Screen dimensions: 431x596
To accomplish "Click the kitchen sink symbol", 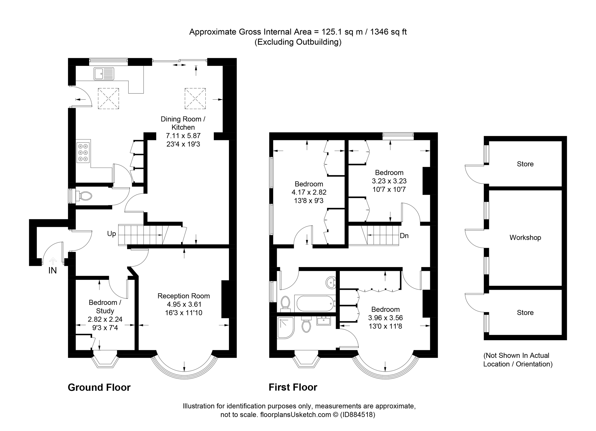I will coord(104,74).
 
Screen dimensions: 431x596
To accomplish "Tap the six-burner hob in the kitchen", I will coord(83,152).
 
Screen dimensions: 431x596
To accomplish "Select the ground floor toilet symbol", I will coord(84,196).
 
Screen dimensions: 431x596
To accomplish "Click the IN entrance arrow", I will coord(53,261).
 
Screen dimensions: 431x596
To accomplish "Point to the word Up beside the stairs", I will coord(112,234).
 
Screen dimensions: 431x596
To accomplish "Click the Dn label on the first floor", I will coord(404,236).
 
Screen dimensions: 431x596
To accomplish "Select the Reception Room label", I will coord(184,296).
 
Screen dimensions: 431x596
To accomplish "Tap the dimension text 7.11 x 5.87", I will coord(183,136).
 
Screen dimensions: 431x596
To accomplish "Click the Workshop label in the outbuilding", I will coord(525,237).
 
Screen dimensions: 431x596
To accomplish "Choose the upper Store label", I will coord(525,164).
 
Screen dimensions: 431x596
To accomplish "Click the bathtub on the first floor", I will coord(315,303).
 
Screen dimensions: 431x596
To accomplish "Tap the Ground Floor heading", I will coord(99,387).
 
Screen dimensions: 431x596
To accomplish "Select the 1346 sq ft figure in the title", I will coord(388,32).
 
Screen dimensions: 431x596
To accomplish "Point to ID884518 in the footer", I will coord(357,415).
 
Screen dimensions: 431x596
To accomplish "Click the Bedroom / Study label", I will coord(105,306).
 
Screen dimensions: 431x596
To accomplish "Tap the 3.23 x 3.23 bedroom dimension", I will coord(389,181).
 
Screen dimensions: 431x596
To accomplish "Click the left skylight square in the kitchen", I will coord(108,98).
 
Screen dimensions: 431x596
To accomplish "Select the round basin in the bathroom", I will coord(331,283).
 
